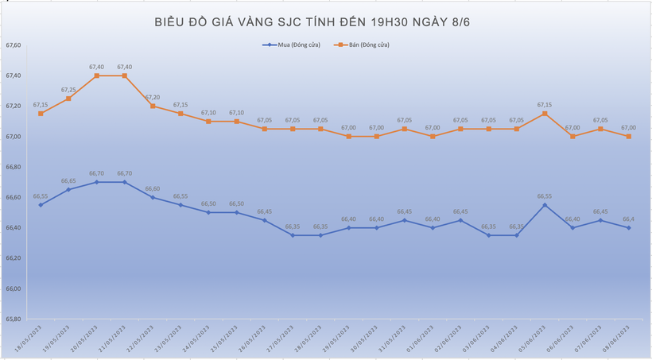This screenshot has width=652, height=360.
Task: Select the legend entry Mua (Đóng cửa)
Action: (293, 45)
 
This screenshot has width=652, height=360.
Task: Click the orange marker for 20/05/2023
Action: (96, 75)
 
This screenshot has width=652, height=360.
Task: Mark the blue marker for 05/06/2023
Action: (545, 205)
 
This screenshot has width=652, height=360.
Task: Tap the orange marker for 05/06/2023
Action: (545, 114)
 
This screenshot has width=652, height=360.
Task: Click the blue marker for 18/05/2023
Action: (41, 205)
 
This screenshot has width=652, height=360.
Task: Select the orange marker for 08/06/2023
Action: (629, 137)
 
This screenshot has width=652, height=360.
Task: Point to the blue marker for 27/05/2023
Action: (293, 235)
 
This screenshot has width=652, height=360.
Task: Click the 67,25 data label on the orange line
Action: (68, 90)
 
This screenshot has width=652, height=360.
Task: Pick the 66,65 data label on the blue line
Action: (68, 181)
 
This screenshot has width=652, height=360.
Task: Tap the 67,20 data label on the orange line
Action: (152, 97)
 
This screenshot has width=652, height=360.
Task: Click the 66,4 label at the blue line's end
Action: (628, 219)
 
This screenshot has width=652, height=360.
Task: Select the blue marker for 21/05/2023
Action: (125, 182)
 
